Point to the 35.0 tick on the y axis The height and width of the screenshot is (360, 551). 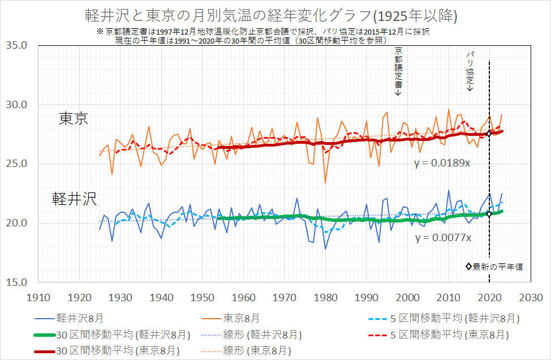(19, 45)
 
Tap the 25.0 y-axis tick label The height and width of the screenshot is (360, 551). (19, 164)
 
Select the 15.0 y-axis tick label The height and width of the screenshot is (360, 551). (19, 282)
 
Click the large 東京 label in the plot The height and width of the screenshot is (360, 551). (74, 119)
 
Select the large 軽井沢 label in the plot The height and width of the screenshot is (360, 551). (74, 198)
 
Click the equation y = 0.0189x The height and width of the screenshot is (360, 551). (442, 164)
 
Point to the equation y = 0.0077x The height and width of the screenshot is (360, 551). (442, 238)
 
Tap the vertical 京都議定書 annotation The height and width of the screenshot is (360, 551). (398, 71)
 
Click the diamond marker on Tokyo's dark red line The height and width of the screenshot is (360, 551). (489, 134)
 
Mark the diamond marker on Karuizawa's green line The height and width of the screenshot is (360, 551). (489, 214)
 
